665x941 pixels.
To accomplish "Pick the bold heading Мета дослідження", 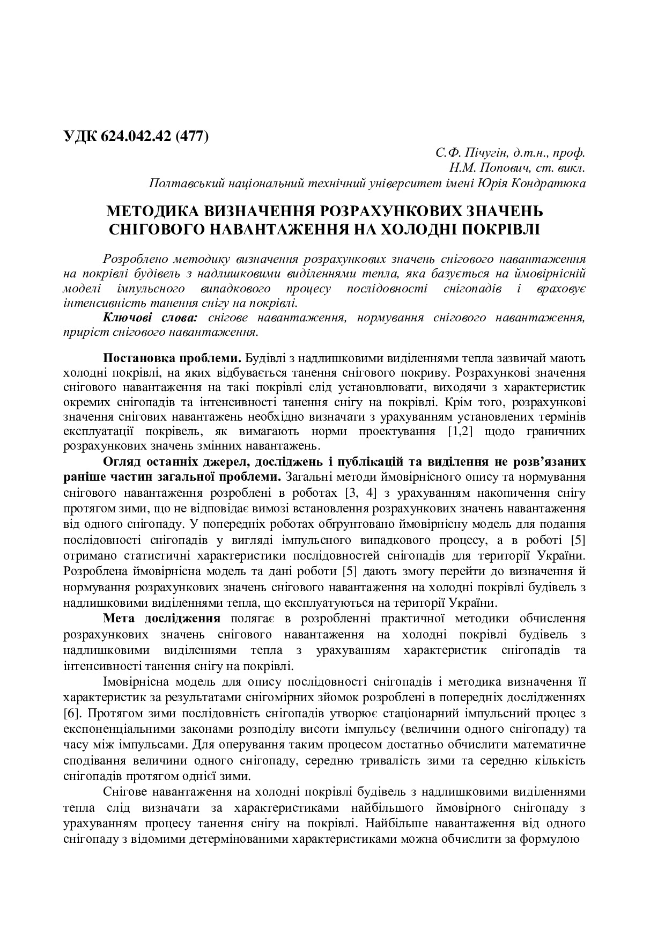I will (161, 619).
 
